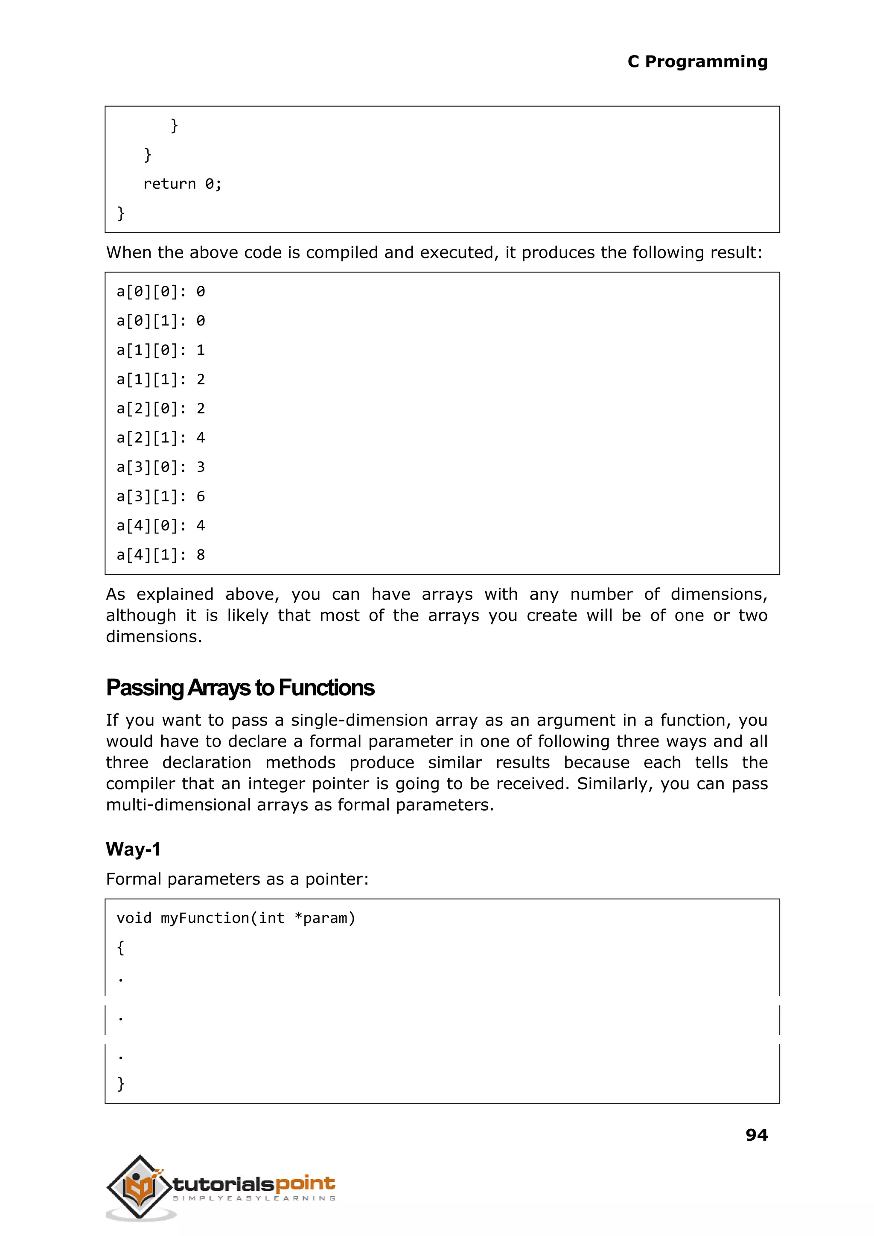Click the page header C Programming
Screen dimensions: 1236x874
tap(697, 62)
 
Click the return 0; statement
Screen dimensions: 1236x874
tap(182, 184)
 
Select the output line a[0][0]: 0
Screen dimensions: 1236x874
tap(160, 292)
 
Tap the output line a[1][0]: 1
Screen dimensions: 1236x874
tap(160, 351)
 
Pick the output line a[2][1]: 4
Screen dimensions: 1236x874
tap(160, 438)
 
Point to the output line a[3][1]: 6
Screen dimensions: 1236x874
tap(160, 497)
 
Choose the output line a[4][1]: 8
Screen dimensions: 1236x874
tap(160, 555)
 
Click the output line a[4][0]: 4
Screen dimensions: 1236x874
tap(160, 526)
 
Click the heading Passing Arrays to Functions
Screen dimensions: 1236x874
tap(239, 688)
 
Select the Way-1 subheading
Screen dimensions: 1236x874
tap(133, 849)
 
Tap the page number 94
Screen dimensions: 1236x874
tap(756, 1135)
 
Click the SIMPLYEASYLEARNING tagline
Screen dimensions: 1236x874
tap(254, 1198)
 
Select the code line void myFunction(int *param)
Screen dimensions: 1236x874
tap(236, 918)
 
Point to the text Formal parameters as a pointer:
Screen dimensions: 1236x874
tap(237, 879)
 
